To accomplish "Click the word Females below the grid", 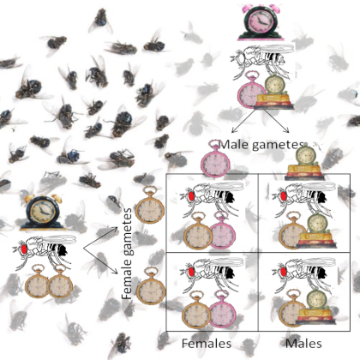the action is click(207, 344).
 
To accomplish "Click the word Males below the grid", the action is click(303, 344).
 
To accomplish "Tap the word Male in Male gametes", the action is click(234, 145).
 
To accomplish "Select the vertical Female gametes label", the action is click(127, 254).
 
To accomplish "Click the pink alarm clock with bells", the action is click(261, 22).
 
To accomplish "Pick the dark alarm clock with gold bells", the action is click(42, 212).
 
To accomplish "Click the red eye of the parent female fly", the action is click(24, 249).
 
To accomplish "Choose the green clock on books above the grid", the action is click(304, 162).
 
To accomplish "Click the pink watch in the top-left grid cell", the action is click(223, 231).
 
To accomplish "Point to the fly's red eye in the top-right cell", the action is click(284, 196).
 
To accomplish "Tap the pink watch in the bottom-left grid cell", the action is click(223, 309).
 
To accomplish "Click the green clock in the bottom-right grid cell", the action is click(316, 307).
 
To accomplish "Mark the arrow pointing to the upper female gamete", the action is click(100, 237).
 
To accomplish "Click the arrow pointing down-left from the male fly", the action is click(243, 121).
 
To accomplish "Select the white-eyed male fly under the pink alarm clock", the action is click(261, 61).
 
